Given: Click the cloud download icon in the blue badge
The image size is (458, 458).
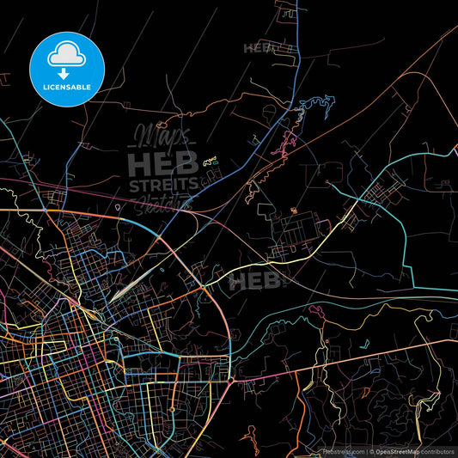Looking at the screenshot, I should [67, 57].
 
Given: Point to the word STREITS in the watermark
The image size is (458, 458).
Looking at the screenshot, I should [163, 185].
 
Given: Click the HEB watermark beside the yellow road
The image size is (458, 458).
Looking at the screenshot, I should [255, 281].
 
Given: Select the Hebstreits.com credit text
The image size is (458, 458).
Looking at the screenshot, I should [343, 450].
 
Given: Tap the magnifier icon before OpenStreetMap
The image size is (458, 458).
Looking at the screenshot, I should [371, 450].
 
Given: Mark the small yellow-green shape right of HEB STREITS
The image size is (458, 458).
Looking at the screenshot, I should [209, 160].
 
